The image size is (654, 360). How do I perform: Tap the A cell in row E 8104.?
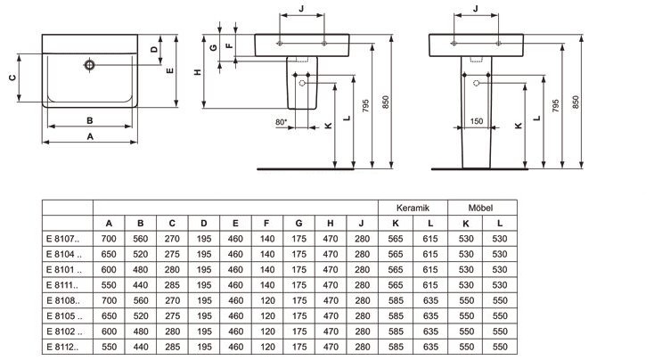tap(109, 254)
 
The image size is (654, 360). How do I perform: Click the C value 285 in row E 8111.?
tap(172, 284)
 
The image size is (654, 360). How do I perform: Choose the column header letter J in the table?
tap(361, 223)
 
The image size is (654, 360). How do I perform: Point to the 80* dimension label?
tap(282, 121)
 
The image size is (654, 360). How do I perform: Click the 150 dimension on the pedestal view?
tap(476, 121)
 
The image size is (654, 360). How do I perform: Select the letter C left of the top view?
tap(12, 78)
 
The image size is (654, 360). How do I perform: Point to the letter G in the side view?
tap(213, 47)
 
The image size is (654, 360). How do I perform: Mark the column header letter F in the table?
tap(266, 223)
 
